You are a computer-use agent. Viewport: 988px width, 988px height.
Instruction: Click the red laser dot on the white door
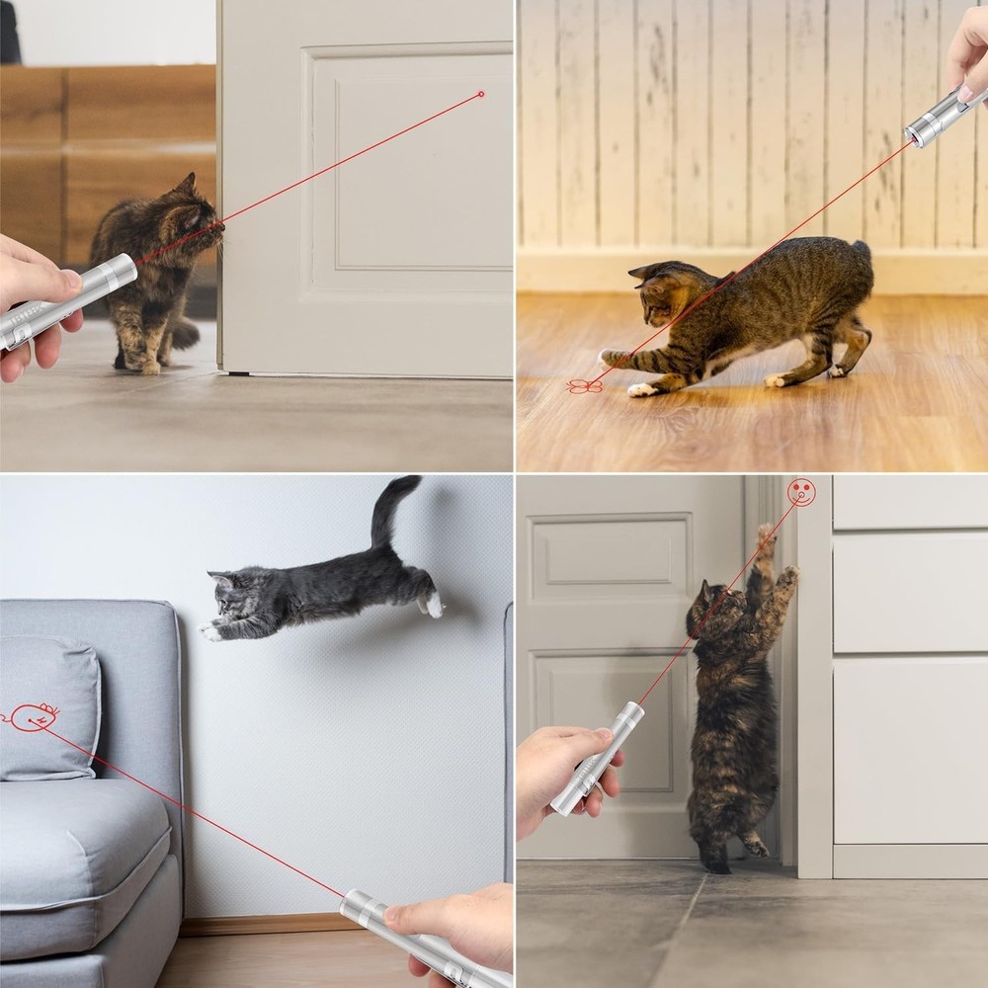(x=481, y=94)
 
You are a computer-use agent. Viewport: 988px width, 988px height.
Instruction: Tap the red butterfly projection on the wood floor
(x=584, y=385)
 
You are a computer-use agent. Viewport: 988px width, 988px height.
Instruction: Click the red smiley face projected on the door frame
(x=801, y=492)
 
